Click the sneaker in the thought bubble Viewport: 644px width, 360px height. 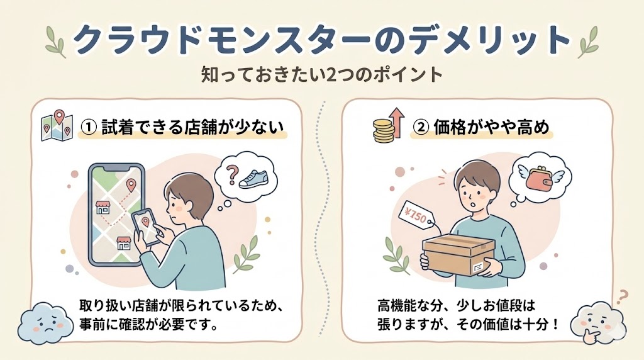tap(253, 179)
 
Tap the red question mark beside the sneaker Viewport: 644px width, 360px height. tap(233, 174)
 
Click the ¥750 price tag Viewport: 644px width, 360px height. tap(416, 216)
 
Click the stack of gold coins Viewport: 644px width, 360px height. tap(384, 131)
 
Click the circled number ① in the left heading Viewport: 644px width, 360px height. tap(88, 127)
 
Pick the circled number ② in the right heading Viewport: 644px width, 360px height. tap(420, 127)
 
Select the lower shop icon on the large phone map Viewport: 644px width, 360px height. tap(123, 244)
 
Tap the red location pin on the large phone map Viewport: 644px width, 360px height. tap(131, 186)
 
